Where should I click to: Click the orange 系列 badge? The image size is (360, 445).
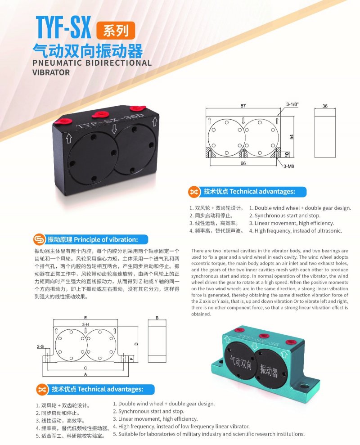pyautogui.click(x=116, y=30)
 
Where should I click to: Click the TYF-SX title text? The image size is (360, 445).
pyautogui.click(x=63, y=27)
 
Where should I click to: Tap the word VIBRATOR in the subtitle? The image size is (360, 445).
pyautogui.click(x=51, y=72)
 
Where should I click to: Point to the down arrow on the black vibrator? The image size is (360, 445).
pyautogui.click(x=114, y=130)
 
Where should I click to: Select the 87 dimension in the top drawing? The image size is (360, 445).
pyautogui.click(x=243, y=106)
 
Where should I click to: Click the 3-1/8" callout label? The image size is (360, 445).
pyautogui.click(x=292, y=104)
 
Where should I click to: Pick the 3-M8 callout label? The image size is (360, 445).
pyautogui.click(x=289, y=166)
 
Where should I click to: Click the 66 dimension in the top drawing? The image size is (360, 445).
pyautogui.click(x=243, y=163)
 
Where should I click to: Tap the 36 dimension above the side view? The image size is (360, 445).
pyautogui.click(x=325, y=106)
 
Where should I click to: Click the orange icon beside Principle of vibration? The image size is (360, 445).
pyautogui.click(x=39, y=239)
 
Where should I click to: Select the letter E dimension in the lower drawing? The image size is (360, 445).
pyautogui.click(x=85, y=318)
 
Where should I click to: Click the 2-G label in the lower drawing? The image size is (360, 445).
pyautogui.click(x=40, y=346)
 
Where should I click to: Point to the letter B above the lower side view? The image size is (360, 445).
pyautogui.click(x=157, y=318)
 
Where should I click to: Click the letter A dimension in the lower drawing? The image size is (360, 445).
pyautogui.click(x=85, y=374)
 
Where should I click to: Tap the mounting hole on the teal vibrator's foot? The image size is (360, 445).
pyautogui.click(x=305, y=387)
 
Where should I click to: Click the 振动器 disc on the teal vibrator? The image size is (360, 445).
pyautogui.click(x=269, y=369)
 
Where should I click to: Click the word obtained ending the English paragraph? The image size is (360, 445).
pyautogui.click(x=201, y=314)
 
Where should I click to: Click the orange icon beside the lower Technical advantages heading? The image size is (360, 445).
pyautogui.click(x=41, y=389)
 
